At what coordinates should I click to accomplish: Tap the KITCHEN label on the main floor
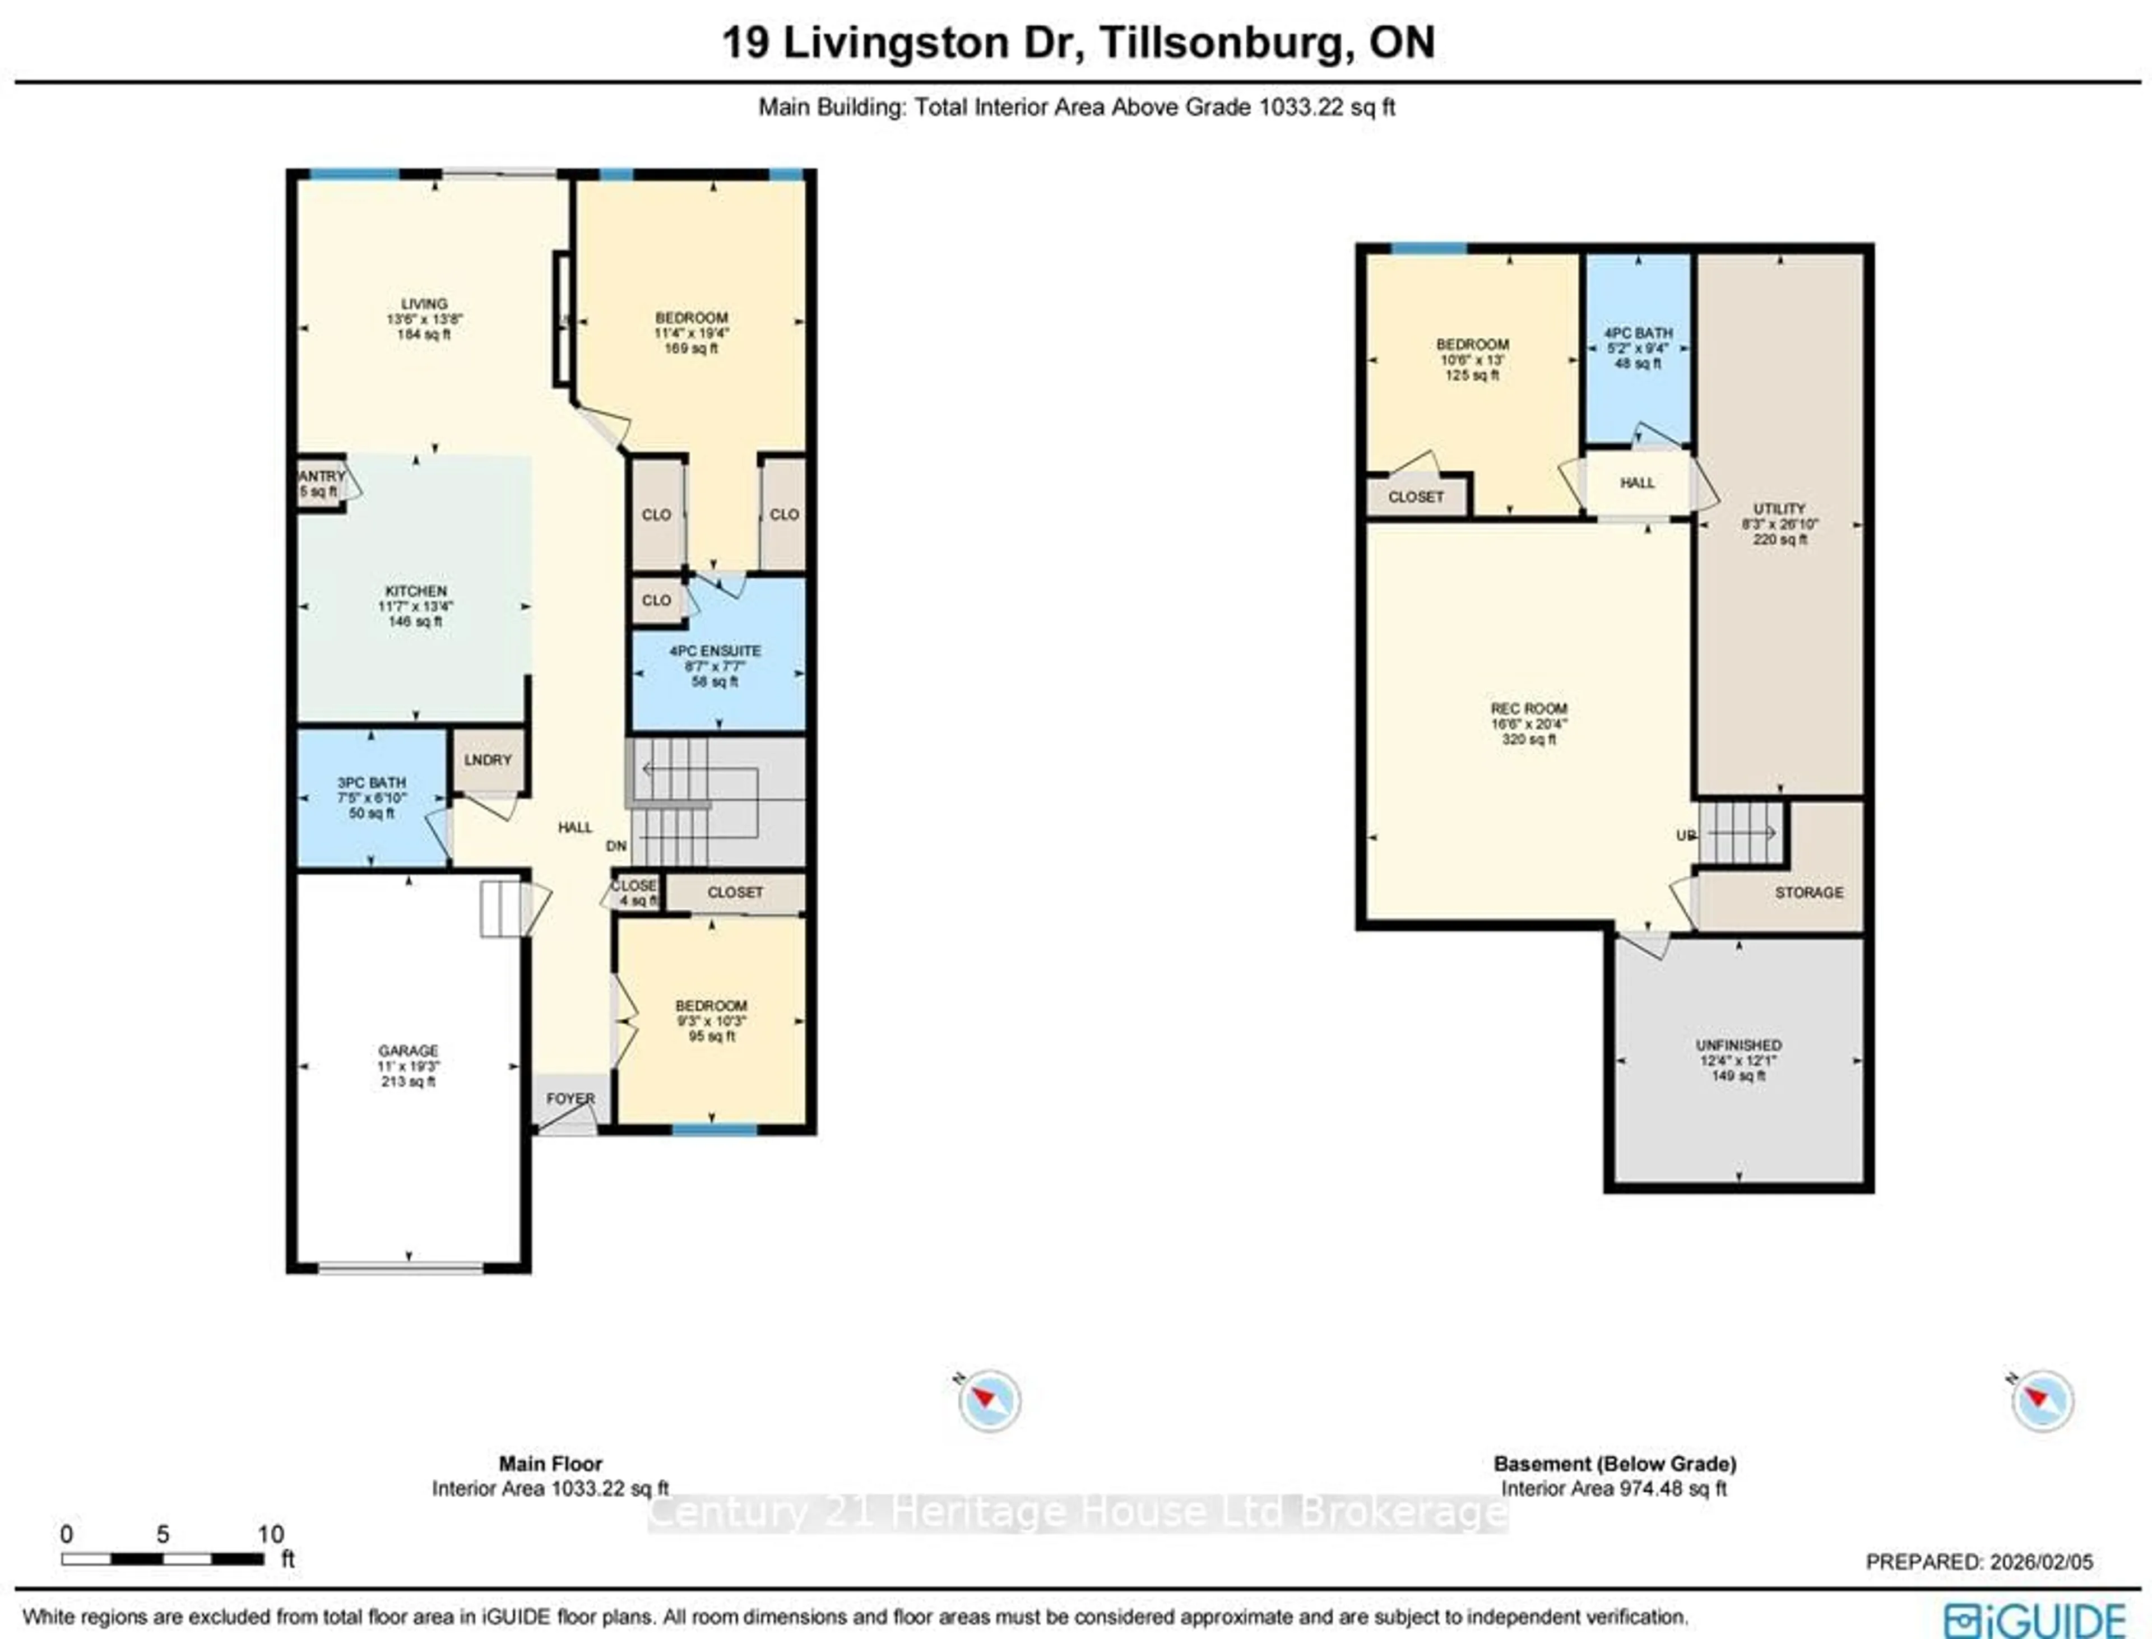(416, 591)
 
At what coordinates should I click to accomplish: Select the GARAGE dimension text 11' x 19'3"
(408, 1066)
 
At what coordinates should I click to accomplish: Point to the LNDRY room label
(488, 760)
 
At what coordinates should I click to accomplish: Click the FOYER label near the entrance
(570, 1098)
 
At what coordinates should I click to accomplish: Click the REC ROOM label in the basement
(1529, 708)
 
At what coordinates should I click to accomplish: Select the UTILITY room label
(1779, 508)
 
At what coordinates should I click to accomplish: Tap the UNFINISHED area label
(1738, 1045)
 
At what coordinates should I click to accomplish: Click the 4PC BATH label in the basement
(1638, 333)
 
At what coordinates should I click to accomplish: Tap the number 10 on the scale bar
(270, 1534)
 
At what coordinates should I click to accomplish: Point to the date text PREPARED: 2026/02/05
(1979, 1562)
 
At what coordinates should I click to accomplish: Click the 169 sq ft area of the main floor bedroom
(690, 349)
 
